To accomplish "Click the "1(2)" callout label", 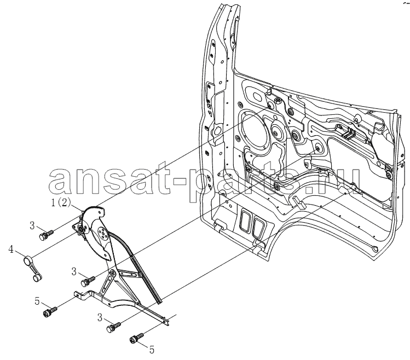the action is [61, 202].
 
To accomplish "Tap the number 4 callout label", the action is [11, 249].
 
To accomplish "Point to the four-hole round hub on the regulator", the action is [102, 234].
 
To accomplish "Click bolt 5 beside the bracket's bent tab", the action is [50, 311].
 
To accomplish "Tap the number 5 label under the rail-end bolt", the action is [152, 350].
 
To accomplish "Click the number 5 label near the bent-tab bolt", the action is [37, 301].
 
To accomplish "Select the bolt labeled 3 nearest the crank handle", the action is [46, 235].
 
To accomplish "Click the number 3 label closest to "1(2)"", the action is [32, 225].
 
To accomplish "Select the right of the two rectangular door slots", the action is [258, 227].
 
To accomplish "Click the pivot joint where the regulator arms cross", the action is [113, 272].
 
